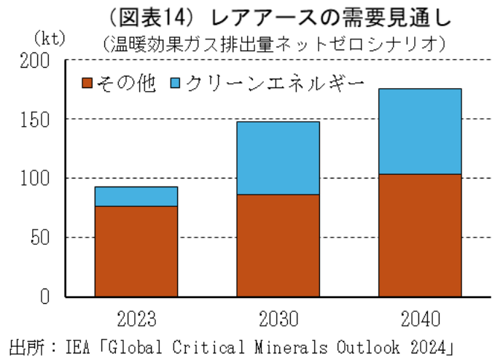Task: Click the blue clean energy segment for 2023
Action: click(136, 197)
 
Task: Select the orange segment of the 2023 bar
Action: click(136, 251)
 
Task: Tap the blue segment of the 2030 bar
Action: click(278, 158)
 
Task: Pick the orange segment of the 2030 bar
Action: click(278, 246)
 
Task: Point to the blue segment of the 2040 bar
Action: click(420, 131)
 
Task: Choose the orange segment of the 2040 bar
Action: click(420, 235)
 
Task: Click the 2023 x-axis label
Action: click(136, 319)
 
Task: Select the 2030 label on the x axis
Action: click(278, 319)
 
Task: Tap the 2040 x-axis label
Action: click(420, 319)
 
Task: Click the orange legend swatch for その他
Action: click(87, 82)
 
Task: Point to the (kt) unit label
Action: click(48, 36)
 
